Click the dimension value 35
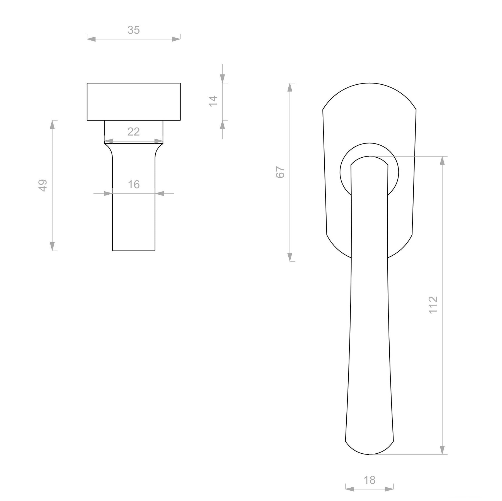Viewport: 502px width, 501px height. pyautogui.click(x=133, y=30)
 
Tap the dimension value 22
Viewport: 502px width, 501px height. pyautogui.click(x=133, y=132)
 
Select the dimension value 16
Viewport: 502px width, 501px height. pyautogui.click(x=134, y=184)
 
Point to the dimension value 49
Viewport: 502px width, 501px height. pyautogui.click(x=43, y=185)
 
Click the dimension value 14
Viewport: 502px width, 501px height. pyautogui.click(x=213, y=101)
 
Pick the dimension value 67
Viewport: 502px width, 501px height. pyautogui.click(x=280, y=172)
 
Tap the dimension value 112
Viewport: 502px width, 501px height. pyautogui.click(x=433, y=305)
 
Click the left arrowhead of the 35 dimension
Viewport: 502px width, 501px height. pyautogui.click(x=91, y=39)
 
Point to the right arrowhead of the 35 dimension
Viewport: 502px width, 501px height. pyautogui.click(x=176, y=39)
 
